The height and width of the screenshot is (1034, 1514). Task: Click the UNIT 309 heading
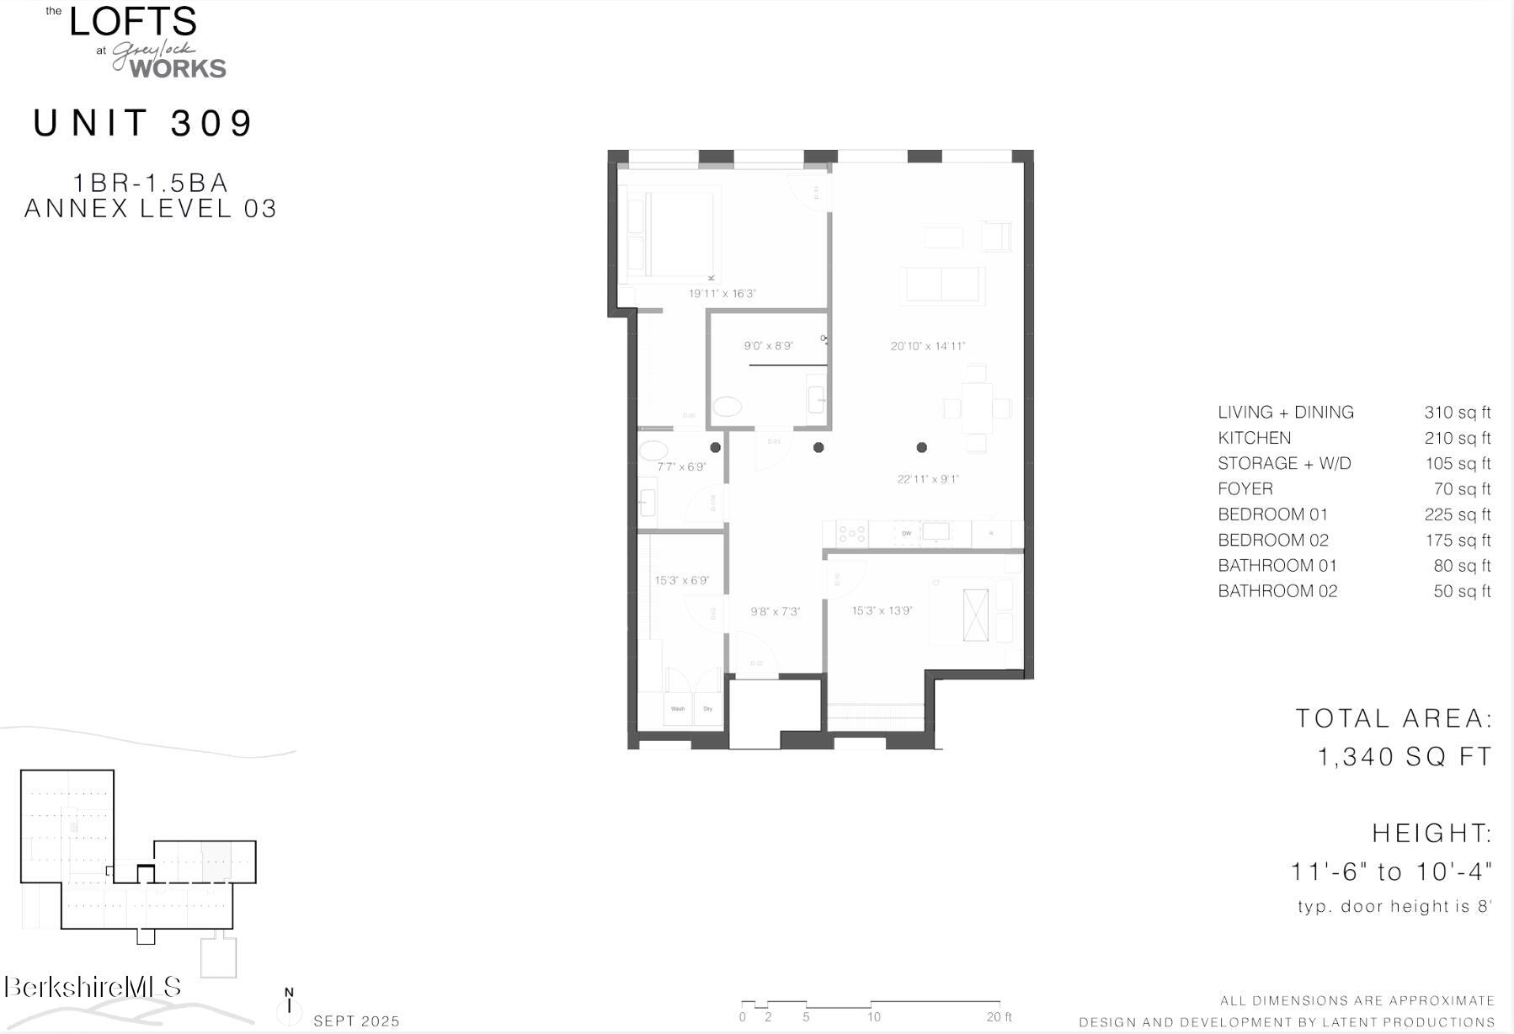coord(143,123)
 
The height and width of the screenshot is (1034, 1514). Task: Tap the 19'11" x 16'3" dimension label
coord(722,294)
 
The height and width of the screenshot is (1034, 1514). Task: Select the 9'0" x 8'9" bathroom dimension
coord(768,346)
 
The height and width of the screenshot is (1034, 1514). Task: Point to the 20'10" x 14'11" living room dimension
coord(927,346)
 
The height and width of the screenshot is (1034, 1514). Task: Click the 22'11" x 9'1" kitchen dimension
coord(927,479)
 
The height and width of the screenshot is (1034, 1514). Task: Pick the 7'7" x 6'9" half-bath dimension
coord(680,466)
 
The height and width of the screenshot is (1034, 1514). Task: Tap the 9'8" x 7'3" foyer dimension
coord(775,611)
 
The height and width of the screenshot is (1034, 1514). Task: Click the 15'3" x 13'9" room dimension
coord(882,610)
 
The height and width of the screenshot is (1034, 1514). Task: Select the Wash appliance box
coord(678,709)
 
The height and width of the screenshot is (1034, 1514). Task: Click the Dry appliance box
coord(708,709)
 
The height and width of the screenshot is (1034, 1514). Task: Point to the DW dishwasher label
coord(907,534)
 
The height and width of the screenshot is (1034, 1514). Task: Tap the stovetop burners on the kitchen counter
coord(851,533)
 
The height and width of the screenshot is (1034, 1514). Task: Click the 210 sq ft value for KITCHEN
coord(1457,438)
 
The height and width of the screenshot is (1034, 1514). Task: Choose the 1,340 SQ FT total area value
coord(1404,756)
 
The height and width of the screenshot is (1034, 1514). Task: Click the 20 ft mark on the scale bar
coord(999,1016)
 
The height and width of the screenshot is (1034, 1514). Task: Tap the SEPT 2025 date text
coord(356,1021)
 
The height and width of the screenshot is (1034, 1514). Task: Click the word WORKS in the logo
coord(178,69)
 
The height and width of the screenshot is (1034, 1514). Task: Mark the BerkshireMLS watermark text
coord(92,987)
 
